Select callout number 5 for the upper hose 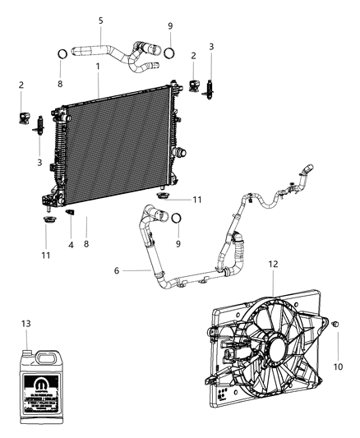coord(100,20)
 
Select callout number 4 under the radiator coord(70,245)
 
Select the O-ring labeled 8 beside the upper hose coord(62,56)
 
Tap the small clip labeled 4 coord(70,215)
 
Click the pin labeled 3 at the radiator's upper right coord(210,85)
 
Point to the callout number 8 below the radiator coord(86,244)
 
